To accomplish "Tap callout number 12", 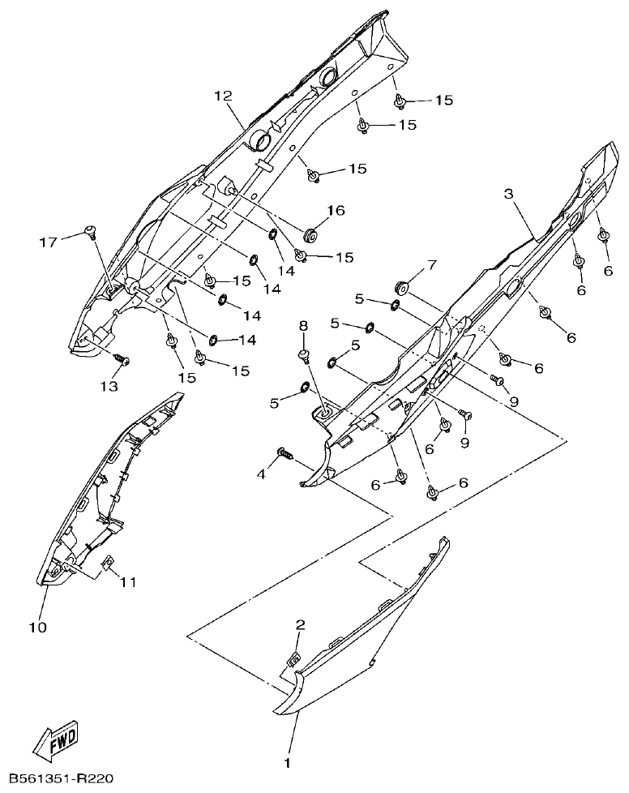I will pos(224,96).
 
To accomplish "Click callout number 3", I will pos(509,194).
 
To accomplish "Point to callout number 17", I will pos(48,242).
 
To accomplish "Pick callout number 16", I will pos(336,211).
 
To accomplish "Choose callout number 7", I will pos(431,265).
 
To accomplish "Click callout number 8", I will pos(303,325).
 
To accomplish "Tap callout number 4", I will pos(262,474).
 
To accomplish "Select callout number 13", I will pos(108,386).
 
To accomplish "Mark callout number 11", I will pos(129,581).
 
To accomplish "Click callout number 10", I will pos(37,627).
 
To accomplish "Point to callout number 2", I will pos(300,624).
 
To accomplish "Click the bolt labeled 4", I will pos(285,453).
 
